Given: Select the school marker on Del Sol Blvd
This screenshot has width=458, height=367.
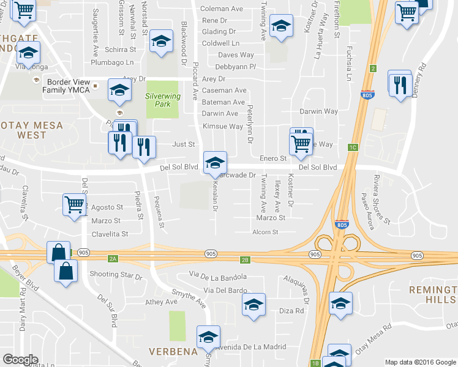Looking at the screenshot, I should click(215, 163).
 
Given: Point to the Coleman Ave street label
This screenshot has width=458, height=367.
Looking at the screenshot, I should click(222, 9).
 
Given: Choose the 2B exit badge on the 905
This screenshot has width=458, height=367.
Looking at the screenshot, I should click(246, 260).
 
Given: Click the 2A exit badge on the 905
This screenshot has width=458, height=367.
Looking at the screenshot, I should click(112, 259).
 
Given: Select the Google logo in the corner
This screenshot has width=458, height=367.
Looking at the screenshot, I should click(20, 360).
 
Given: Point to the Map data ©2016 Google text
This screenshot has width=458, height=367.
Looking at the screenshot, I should click(421, 362).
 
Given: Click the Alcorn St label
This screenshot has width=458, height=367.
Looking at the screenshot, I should click(265, 232).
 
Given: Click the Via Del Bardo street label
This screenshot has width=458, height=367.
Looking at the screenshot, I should click(225, 290).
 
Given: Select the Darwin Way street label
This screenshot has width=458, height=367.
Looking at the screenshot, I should click(318, 111).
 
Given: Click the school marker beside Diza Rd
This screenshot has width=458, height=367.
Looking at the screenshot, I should click(254, 305).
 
